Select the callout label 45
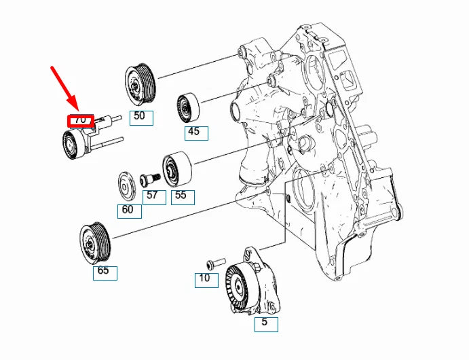tap(195, 132)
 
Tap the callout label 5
tap(266, 323)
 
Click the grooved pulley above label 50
tap(140, 84)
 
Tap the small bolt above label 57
tap(149, 179)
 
